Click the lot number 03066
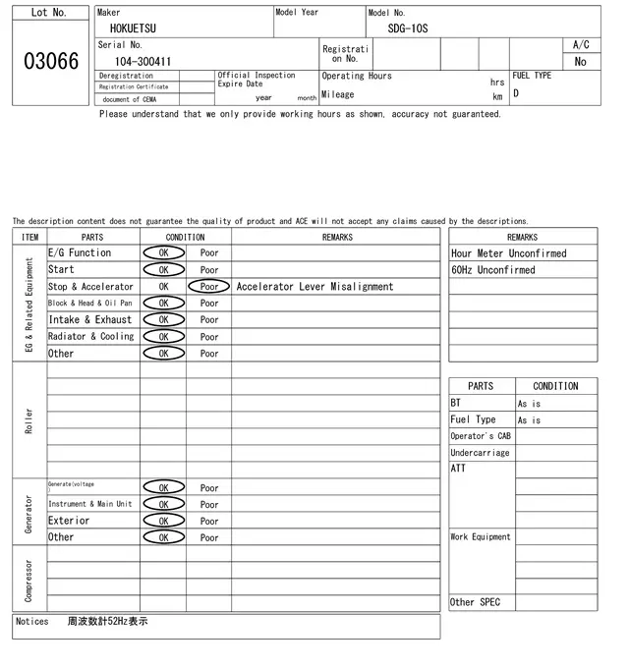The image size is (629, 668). click(x=50, y=61)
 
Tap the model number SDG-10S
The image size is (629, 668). click(x=401, y=28)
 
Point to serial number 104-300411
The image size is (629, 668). click(x=143, y=61)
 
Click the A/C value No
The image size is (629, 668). click(x=580, y=61)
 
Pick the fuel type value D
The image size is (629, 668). click(x=516, y=94)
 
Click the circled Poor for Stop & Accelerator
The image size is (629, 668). click(x=209, y=287)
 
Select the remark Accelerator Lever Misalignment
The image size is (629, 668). click(x=314, y=287)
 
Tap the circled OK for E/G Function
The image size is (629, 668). click(x=163, y=253)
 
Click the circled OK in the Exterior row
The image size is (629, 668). click(x=163, y=521)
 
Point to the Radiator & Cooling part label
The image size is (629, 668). click(x=90, y=336)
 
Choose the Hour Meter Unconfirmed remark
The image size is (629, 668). click(x=508, y=253)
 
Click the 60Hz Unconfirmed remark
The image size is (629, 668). click(x=493, y=270)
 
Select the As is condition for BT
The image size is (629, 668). click(x=529, y=404)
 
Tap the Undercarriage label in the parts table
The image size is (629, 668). click(x=480, y=453)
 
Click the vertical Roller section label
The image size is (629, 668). click(x=29, y=420)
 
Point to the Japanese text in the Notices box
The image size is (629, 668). click(x=107, y=622)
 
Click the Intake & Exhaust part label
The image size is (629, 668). click(x=89, y=319)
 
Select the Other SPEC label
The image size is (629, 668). click(x=475, y=602)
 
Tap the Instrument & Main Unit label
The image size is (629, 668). click(x=89, y=504)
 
